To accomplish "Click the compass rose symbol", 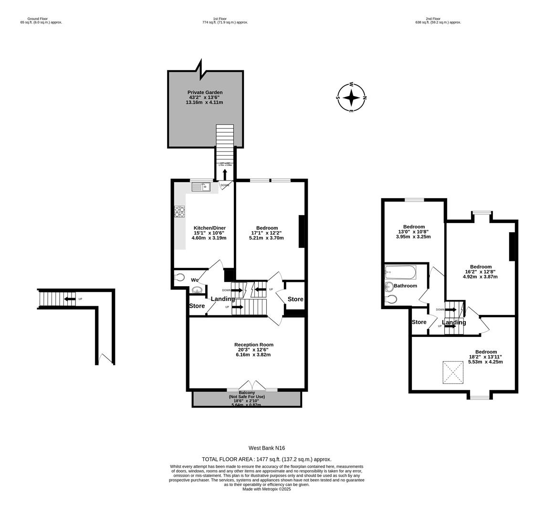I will point(351,97).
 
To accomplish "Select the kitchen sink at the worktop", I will point(201,187).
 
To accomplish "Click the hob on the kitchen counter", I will point(179,212).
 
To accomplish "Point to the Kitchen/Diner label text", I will point(209,228).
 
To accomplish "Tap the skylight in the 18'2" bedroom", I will point(453,372).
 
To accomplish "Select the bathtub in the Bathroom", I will point(400,273).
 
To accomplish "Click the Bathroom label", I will point(405,286).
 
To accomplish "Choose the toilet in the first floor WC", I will point(179,277).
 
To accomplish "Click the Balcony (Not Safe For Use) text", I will point(247,397).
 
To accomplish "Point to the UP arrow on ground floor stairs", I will point(70,299).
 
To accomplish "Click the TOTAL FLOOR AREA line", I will point(266,459).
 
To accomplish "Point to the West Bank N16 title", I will point(266,448).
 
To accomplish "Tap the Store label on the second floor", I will point(419,322).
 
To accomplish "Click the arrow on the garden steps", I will point(225,174).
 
